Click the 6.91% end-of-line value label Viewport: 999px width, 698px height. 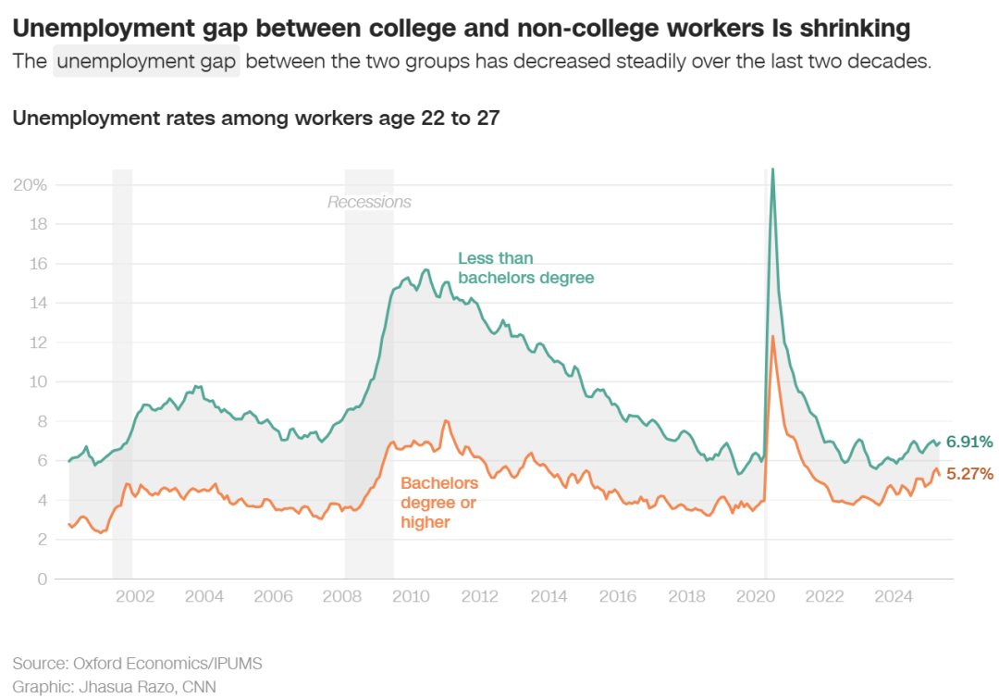[x=969, y=442]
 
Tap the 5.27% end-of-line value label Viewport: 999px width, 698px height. [x=969, y=474]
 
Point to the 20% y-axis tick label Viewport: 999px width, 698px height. [x=30, y=184]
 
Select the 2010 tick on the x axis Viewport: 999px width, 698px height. [x=410, y=596]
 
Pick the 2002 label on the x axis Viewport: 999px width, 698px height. [x=134, y=596]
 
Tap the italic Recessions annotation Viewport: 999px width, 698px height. [x=369, y=202]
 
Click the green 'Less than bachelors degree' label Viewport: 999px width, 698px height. [x=525, y=268]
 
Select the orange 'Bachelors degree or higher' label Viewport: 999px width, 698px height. [x=439, y=503]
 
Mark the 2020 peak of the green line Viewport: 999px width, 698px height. [x=772, y=169]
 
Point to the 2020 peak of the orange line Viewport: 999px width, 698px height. [x=772, y=336]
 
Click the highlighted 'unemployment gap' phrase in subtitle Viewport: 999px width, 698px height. [x=146, y=63]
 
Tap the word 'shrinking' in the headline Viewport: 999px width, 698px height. [x=852, y=29]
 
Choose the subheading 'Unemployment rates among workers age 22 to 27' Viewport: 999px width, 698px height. [x=256, y=118]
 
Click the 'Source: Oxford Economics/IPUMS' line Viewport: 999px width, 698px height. [x=138, y=664]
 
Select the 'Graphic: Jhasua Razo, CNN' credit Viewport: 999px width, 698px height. [x=115, y=686]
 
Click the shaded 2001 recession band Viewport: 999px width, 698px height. [x=122, y=370]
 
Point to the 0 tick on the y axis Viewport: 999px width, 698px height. [x=41, y=579]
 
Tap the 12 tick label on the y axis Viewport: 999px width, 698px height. [x=37, y=342]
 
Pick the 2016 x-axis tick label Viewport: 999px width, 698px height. [x=617, y=596]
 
